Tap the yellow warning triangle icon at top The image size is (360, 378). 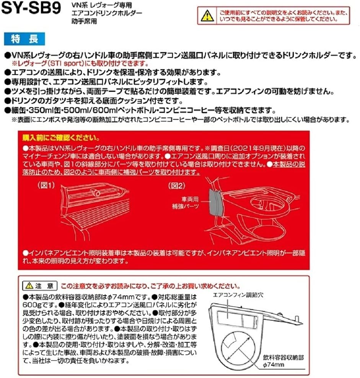[x=207, y=16]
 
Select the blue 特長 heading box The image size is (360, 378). [x=24, y=39]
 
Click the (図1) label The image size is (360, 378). [x=46, y=185]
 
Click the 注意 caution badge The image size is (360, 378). [x=39, y=285]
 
